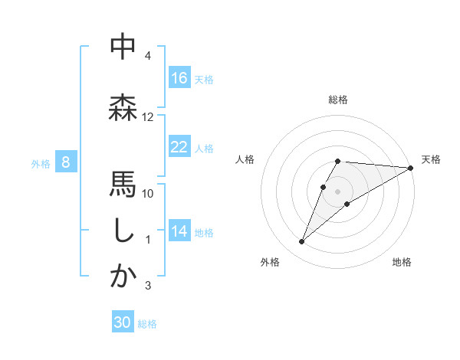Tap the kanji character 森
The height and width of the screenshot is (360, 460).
tap(123, 107)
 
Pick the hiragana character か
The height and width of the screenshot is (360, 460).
tap(123, 277)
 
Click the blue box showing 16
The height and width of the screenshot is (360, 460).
tap(179, 78)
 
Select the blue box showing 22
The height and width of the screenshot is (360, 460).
tap(179, 147)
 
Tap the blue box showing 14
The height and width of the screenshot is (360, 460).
tap(179, 232)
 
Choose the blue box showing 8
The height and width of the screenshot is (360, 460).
tap(66, 162)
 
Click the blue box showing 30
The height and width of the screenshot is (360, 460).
tap(123, 323)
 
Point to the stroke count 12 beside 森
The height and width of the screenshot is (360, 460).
tap(148, 117)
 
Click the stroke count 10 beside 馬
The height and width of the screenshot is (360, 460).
tap(148, 193)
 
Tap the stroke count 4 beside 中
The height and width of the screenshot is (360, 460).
tap(148, 56)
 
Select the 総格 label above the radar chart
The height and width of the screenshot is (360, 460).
tap(338, 100)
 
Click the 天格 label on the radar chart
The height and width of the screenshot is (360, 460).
tap(431, 159)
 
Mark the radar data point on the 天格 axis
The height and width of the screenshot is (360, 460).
tap(411, 168)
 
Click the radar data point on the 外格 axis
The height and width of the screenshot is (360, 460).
tap(302, 242)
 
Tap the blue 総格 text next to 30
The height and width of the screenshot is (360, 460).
tap(147, 324)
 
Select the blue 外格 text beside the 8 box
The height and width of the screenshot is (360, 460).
tap(40, 163)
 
